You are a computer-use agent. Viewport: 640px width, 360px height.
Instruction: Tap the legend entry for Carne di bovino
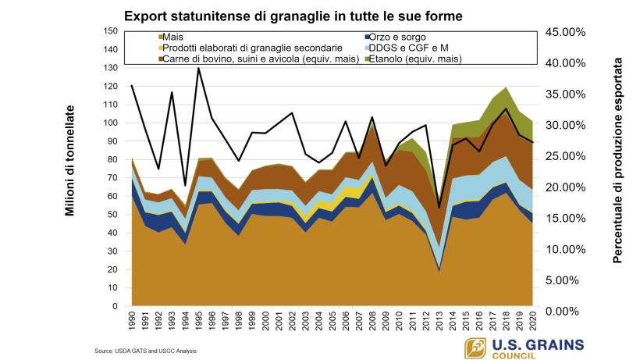tap(234, 59)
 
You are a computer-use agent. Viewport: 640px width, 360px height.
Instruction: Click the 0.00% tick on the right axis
tap(565, 312)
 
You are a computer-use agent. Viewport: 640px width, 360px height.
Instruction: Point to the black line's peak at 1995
tap(199, 68)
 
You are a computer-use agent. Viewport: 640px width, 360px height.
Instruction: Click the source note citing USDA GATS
tap(146, 351)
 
